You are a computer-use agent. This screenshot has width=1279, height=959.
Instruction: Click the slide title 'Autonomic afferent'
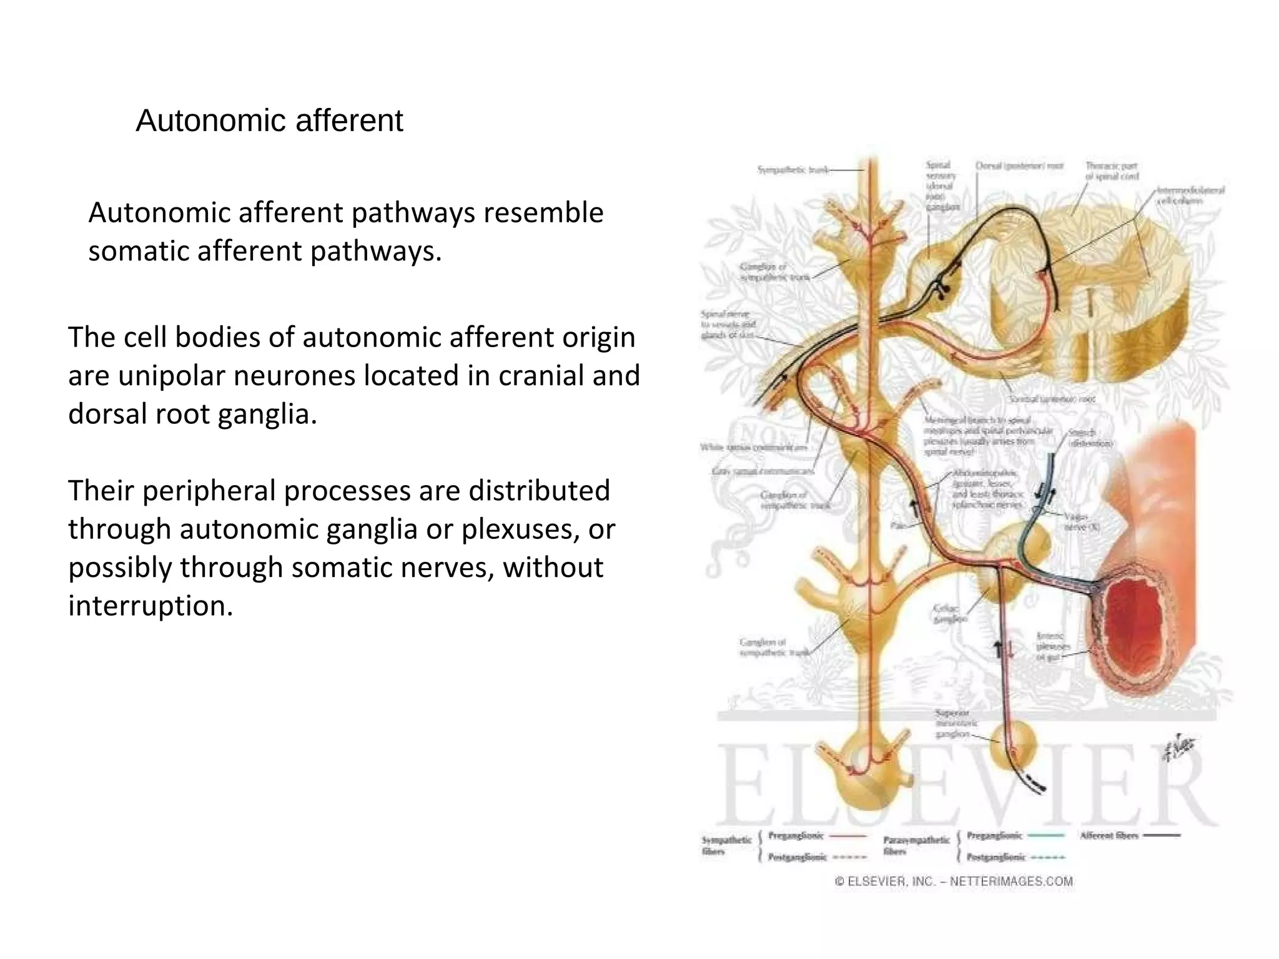269,120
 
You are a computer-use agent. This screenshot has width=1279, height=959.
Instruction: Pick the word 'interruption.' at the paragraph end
151,606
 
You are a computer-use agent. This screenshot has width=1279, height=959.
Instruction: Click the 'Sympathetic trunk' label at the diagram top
793,170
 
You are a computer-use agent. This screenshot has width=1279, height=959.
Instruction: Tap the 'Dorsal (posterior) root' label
1019,166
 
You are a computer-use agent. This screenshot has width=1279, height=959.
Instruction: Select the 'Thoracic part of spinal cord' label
1112,171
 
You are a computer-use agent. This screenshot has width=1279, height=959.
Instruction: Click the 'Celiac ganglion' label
949,613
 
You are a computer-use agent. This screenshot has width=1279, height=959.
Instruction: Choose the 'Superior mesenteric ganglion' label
956,723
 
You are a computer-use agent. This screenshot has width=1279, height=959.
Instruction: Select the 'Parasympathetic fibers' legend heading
916,845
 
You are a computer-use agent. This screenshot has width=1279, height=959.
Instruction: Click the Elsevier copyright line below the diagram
954,882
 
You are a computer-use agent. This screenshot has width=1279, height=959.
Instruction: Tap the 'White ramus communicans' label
753,447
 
